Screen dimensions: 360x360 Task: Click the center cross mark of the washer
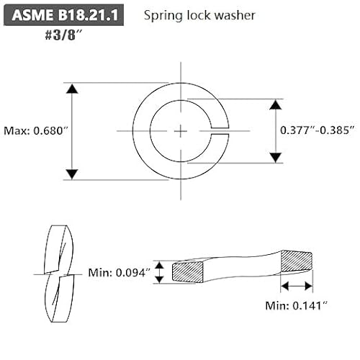[x=179, y=130]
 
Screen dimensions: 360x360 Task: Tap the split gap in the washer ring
[x=219, y=130]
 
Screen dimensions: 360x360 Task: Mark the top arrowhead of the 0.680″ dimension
[x=71, y=89]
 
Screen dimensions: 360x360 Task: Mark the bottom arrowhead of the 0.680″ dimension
[x=71, y=174]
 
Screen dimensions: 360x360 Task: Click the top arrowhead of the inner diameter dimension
[x=274, y=105]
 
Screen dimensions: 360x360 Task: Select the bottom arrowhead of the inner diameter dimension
[x=274, y=157]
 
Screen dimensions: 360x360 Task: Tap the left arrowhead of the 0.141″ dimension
[x=284, y=287]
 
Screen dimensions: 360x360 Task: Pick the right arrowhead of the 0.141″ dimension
[x=311, y=287]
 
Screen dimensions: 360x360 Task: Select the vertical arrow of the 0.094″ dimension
[x=161, y=272]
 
